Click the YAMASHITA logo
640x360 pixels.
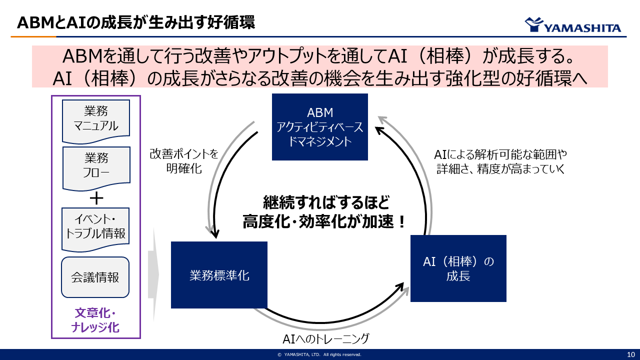point(572,25)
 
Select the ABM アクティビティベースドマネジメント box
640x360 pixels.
point(320,127)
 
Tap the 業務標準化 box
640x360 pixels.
point(219,275)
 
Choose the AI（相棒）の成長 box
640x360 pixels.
point(458,268)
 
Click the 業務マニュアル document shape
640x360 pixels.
point(96,119)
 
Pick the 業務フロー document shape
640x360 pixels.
point(96,166)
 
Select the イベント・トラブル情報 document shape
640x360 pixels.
point(96,227)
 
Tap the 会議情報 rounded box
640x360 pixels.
point(95,277)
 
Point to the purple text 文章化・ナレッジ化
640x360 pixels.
point(95,320)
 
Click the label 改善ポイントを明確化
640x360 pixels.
point(184,161)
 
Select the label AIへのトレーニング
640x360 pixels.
point(325,339)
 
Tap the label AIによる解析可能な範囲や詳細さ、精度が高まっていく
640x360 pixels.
point(500,161)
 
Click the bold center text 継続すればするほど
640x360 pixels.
point(326,202)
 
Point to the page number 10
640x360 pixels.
point(630,354)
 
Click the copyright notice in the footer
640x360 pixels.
point(319,354)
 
